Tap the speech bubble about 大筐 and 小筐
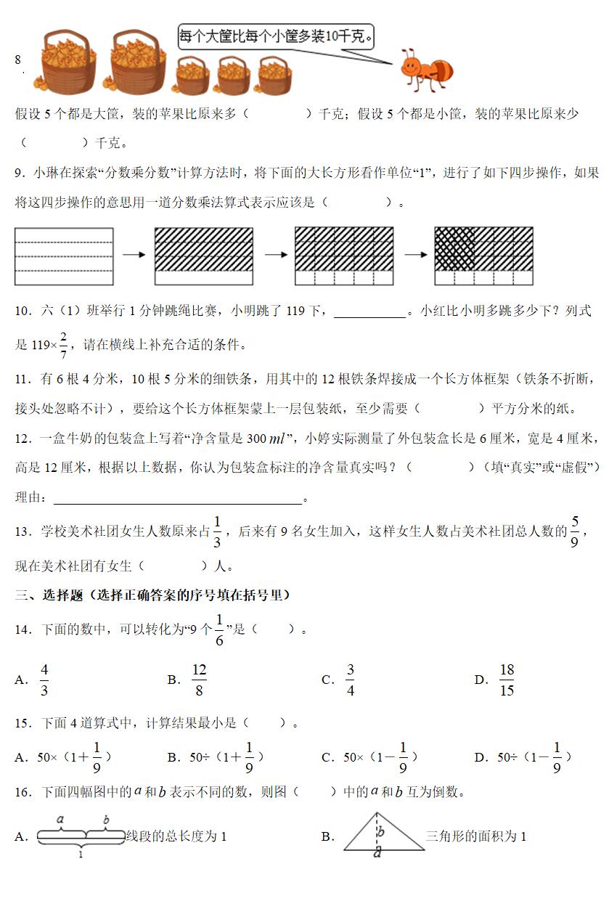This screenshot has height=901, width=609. (276, 36)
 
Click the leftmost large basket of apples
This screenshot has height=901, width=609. (69, 63)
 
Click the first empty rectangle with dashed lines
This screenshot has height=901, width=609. (64, 256)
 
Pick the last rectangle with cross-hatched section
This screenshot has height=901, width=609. (483, 256)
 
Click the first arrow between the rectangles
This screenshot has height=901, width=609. (134, 256)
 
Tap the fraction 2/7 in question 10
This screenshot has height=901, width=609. (64, 344)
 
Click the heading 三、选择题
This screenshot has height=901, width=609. (152, 595)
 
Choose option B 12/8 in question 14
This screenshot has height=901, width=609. (199, 680)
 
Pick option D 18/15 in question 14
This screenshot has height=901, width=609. (507, 680)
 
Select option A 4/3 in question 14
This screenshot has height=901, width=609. (44, 680)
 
